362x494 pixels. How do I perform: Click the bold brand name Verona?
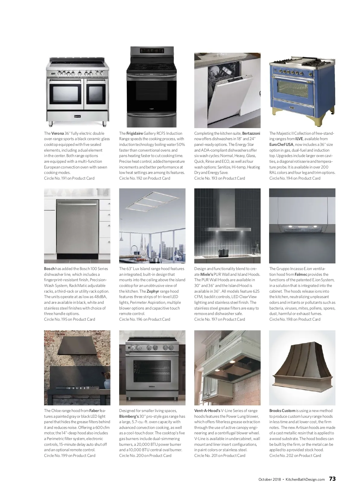click(x=58, y=133)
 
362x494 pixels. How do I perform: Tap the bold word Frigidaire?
click(x=135, y=133)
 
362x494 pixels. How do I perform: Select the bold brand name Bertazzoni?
click(x=251, y=133)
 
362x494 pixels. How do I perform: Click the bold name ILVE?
click(x=299, y=139)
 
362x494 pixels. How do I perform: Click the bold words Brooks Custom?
click(x=282, y=411)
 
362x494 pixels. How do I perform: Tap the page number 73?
click(x=332, y=479)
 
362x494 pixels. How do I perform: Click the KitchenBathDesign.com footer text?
click(x=305, y=480)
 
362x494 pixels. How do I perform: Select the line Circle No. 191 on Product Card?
click(x=69, y=178)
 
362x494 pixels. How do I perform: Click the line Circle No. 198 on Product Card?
click(x=295, y=319)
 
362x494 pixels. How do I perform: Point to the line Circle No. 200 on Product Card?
click(x=145, y=455)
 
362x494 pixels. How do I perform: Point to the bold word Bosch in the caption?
click(x=49, y=269)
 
